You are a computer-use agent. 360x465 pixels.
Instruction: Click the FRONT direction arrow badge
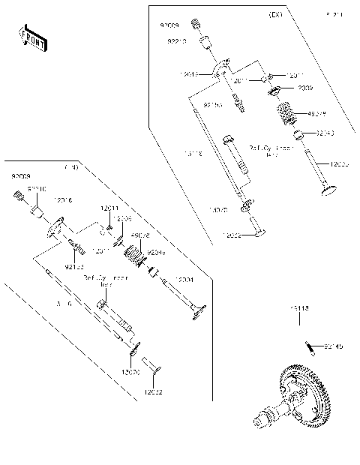pos(31,38)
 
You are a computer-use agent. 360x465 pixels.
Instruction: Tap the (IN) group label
pos(71,167)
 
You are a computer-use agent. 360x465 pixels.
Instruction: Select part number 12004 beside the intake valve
pos(184,279)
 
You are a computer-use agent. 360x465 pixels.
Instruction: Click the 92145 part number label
pos(333,346)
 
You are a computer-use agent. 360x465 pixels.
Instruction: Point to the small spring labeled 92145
pos(310,345)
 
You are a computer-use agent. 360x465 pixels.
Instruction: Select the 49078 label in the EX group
pos(317,114)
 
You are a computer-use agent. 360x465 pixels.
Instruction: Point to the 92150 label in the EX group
pos(213,106)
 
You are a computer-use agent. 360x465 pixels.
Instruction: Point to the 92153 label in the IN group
pos(73,266)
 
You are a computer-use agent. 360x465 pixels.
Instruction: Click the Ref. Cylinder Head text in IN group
pos(106,280)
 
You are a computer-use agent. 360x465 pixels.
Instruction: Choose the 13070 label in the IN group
pos(130,372)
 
